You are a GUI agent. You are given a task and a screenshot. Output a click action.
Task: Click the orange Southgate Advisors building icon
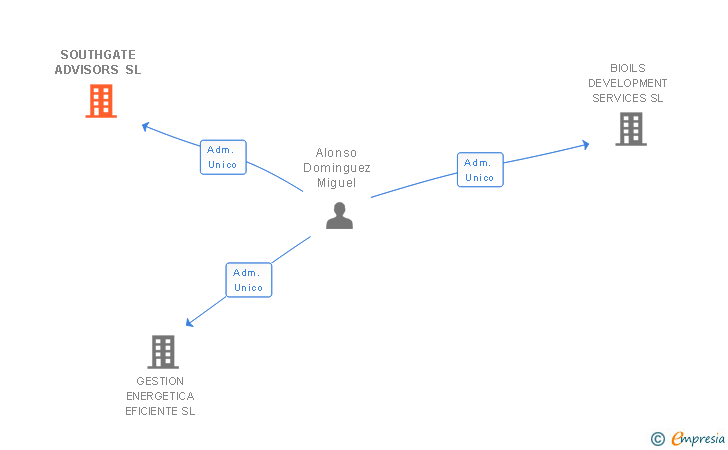tap(101, 101)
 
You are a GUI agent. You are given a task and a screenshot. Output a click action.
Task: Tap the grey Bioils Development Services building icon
tap(630, 129)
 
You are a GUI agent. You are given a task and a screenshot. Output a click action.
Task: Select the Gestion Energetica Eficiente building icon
tap(163, 352)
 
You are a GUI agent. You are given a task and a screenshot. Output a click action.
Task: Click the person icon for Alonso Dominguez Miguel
tap(339, 215)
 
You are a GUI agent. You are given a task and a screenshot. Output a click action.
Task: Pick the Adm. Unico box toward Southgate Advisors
tap(223, 157)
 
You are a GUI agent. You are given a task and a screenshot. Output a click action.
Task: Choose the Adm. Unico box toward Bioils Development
tap(480, 170)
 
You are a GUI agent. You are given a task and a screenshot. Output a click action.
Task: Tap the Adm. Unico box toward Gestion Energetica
tap(249, 280)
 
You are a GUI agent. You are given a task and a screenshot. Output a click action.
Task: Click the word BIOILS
tap(628, 67)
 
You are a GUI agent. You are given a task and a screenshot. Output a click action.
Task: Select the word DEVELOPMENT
tap(628, 82)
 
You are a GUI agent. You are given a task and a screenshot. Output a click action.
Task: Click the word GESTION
tap(160, 381)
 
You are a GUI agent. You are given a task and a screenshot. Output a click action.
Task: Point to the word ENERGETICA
tap(160, 396)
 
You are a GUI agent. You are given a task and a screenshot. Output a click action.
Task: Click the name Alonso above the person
tap(336, 153)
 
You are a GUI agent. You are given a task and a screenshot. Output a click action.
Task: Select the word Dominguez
tap(336, 168)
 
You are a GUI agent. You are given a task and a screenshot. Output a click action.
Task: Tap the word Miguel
tap(336, 183)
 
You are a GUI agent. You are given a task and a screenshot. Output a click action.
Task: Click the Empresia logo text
tap(699, 438)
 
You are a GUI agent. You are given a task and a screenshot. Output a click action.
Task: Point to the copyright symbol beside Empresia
tap(657, 438)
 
